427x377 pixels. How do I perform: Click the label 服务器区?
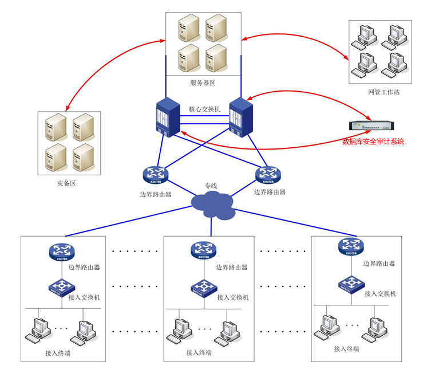(203, 83)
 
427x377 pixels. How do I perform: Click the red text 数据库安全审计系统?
(373, 141)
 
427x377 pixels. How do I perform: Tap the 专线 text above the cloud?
(211, 186)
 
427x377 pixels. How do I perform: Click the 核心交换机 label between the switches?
(204, 109)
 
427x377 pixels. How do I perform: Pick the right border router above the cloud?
(268, 174)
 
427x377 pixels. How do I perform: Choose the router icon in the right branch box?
(350, 248)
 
